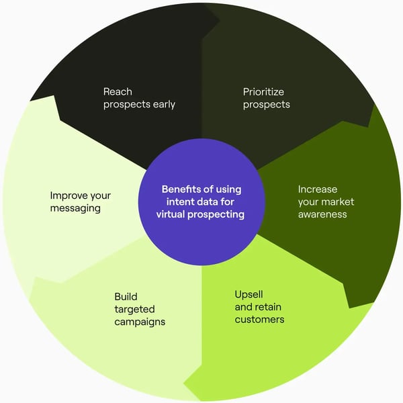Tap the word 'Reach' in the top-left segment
[118, 91]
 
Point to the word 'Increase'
[318, 189]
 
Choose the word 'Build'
[126, 296]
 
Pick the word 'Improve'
[71, 195]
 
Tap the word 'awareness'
[323, 214]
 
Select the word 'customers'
[259, 319]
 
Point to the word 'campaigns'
[140, 322]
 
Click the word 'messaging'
[75, 208]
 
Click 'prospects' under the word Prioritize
[267, 105]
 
